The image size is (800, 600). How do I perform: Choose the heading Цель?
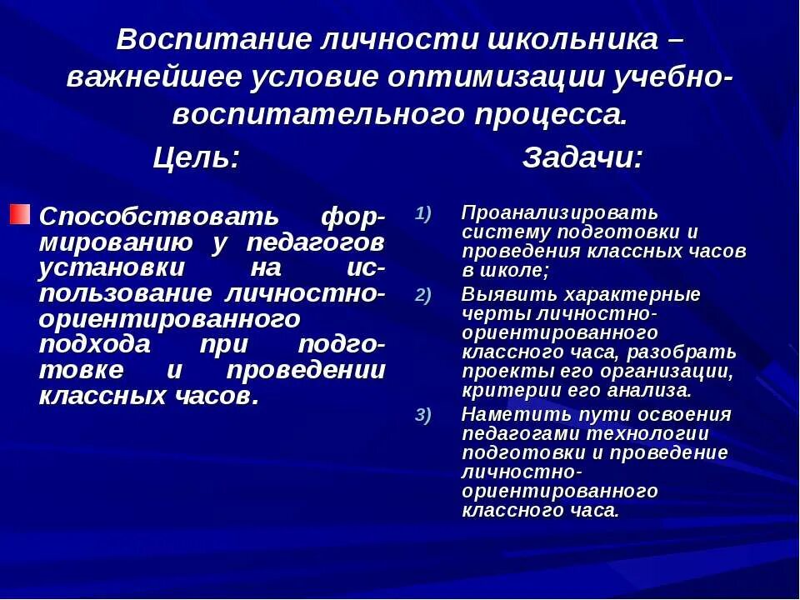(197, 157)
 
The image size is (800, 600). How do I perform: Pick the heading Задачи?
(582, 157)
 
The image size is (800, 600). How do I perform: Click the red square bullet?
(21, 213)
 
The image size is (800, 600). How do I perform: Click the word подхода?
(95, 344)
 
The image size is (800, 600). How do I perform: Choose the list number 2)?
(423, 294)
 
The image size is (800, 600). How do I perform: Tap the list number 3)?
(423, 416)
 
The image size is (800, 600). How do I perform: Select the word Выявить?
(509, 294)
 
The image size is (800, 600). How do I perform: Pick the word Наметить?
(513, 415)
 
